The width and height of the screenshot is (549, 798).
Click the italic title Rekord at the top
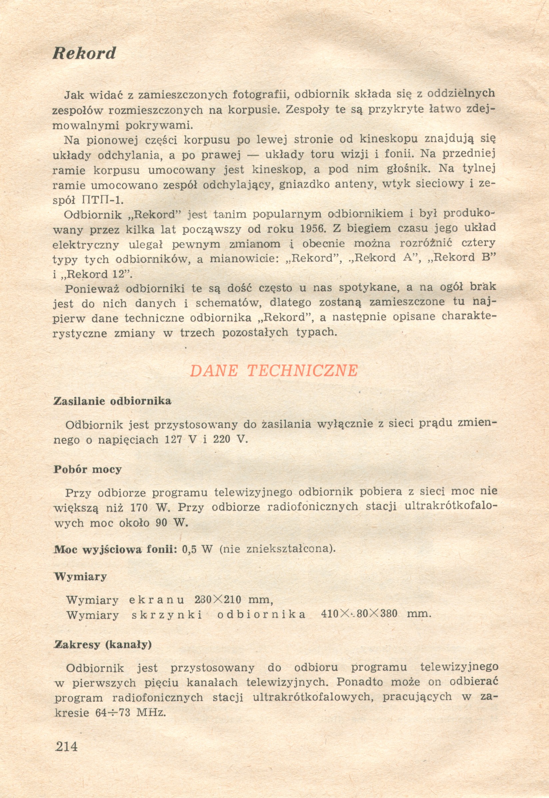point(84,53)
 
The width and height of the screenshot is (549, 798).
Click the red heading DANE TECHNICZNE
point(274,371)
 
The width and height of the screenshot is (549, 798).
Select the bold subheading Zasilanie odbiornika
point(112,401)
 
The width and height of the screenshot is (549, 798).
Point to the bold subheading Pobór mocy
point(87,469)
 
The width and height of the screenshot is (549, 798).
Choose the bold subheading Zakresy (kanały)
point(103,645)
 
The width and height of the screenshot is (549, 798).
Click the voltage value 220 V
point(230,440)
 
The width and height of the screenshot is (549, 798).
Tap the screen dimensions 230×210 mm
point(234,600)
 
